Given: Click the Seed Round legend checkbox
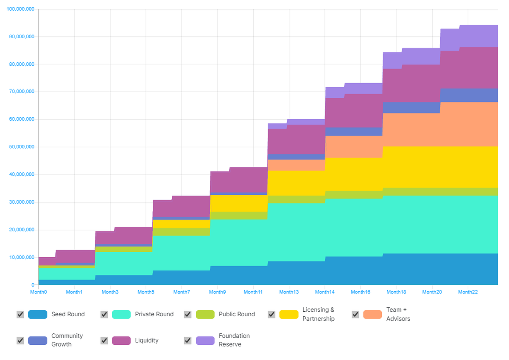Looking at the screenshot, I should coord(20,314).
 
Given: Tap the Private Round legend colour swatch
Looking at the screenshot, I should coord(121,314).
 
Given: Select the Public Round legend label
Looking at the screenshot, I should coord(237,314).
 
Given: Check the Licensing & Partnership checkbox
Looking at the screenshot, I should coord(271,314).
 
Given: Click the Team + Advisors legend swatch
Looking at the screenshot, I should coord(372,314).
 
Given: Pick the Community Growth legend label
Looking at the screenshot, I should coord(67,340).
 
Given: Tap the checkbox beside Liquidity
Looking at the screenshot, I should coord(104,340).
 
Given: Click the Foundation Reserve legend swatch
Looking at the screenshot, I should coord(205,340).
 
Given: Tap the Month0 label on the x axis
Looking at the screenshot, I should coord(38,292).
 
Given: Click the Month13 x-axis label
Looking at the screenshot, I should coord(289,292).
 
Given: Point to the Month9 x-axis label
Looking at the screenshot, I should coord(217,292).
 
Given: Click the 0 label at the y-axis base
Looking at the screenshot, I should coord(33,285).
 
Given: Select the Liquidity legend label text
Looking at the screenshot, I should coord(146,340).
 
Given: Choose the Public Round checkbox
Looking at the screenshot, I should coord(187,314).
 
